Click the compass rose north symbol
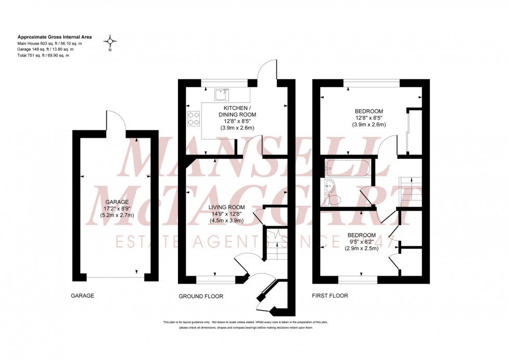pyautogui.click(x=110, y=41)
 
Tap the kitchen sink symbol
pyautogui.click(x=221, y=95)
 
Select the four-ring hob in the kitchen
pyautogui.click(x=194, y=119)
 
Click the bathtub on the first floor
pyautogui.click(x=347, y=168)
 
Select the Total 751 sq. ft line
pyautogui.click(x=44, y=55)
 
